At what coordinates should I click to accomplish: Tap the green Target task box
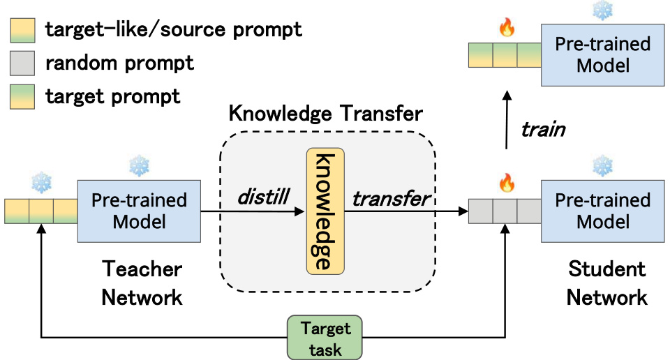tap(326, 337)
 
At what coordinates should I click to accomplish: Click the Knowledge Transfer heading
tap(327, 114)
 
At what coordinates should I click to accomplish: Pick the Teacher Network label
tap(142, 283)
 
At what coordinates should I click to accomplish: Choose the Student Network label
tap(606, 283)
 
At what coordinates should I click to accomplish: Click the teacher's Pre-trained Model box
tap(139, 211)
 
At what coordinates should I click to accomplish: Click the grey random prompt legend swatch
tap(22, 64)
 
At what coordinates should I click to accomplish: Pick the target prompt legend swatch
tap(22, 96)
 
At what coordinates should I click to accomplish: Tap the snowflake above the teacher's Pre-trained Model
tap(138, 167)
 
